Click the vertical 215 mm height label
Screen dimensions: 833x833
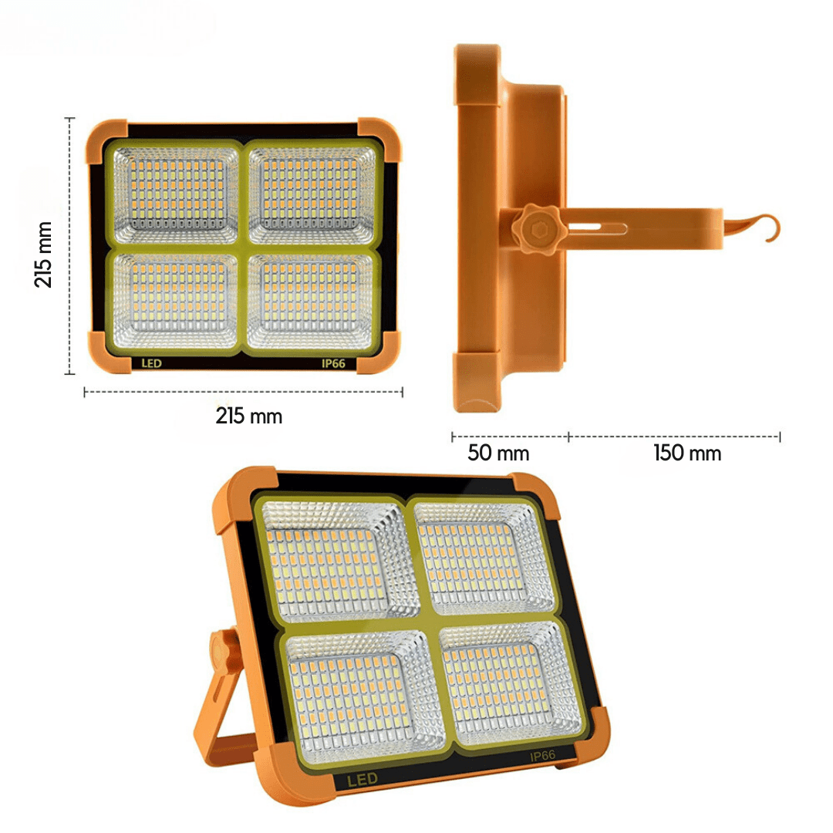[44, 255]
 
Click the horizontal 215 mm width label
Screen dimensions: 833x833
[248, 416]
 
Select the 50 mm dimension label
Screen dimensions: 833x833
[498, 453]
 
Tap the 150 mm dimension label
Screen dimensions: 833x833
[687, 453]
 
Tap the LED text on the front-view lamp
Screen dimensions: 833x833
[151, 363]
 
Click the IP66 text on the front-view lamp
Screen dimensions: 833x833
[332, 363]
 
